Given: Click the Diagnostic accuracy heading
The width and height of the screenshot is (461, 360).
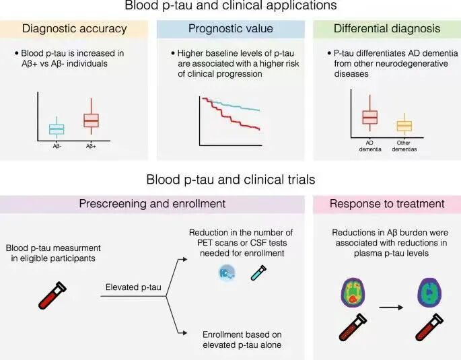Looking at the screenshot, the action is coord(75,29).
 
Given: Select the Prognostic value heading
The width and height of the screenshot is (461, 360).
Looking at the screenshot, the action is coord(230,29).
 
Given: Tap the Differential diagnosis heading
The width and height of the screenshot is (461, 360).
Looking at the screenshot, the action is coord(387,29).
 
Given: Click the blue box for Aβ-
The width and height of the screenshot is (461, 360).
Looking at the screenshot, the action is coord(57,129).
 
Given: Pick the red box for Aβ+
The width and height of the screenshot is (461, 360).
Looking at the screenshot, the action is coord(91,120).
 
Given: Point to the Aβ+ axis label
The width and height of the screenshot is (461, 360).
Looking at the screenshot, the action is coord(91,146).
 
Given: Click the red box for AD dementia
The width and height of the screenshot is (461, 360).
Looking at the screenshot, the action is coord(370,117).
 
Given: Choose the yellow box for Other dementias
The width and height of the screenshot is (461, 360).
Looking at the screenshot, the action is coord(404,126).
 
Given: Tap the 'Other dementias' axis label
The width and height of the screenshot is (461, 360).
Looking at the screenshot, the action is coord(404,146).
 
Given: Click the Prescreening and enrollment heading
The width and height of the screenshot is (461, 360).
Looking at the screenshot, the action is coord(152,204).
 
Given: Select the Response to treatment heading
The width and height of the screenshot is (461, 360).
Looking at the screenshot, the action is coord(387,204).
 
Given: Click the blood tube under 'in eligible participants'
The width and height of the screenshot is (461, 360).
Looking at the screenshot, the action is coord(52,295).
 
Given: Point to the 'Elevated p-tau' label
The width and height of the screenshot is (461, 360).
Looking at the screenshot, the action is coord(133,287).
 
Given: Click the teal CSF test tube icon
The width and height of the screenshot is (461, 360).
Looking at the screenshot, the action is coord(258,273).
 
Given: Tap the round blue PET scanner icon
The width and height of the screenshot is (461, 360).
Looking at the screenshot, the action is coord(227,273).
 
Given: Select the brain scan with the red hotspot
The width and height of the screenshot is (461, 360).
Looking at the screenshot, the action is coord(353,293).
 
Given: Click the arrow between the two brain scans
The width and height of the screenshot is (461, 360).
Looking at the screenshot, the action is coord(391,308).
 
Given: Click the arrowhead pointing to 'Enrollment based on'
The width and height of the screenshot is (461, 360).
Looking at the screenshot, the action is coord(184,333).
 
